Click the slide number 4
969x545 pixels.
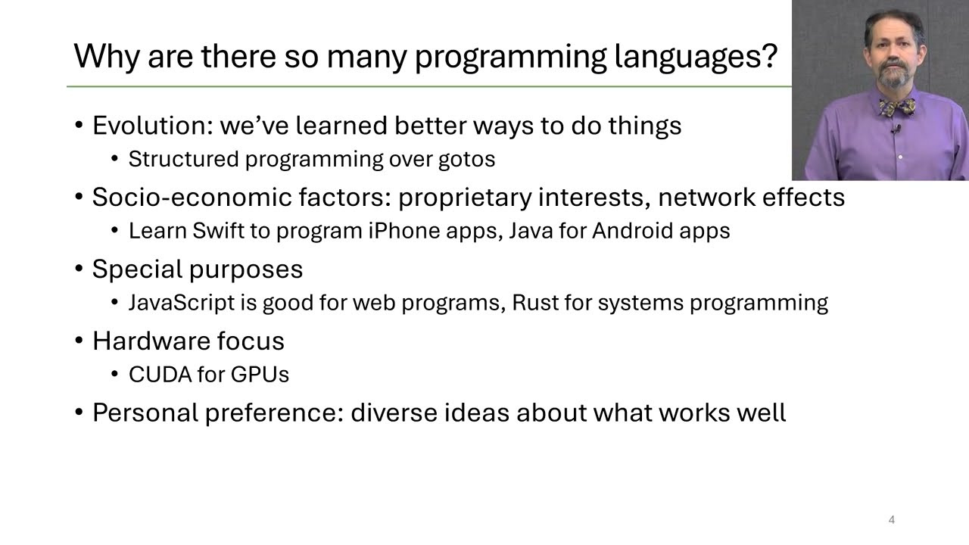click(891, 520)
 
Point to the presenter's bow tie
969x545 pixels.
click(897, 107)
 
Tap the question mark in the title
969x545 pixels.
click(769, 56)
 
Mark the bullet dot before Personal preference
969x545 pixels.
click(79, 413)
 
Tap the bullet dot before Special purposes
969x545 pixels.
click(79, 269)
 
